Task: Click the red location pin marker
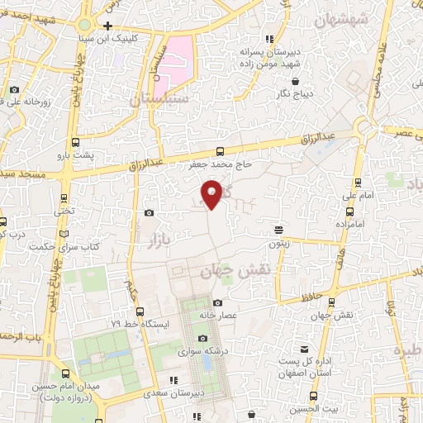(212, 193)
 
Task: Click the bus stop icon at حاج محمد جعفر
(220, 151)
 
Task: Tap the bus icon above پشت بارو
(77, 142)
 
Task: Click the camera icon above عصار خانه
(217, 303)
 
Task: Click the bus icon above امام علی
(357, 183)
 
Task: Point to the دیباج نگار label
(296, 94)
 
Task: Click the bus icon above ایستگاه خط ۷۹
(140, 312)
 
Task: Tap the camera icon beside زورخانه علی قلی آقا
(14, 89)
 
